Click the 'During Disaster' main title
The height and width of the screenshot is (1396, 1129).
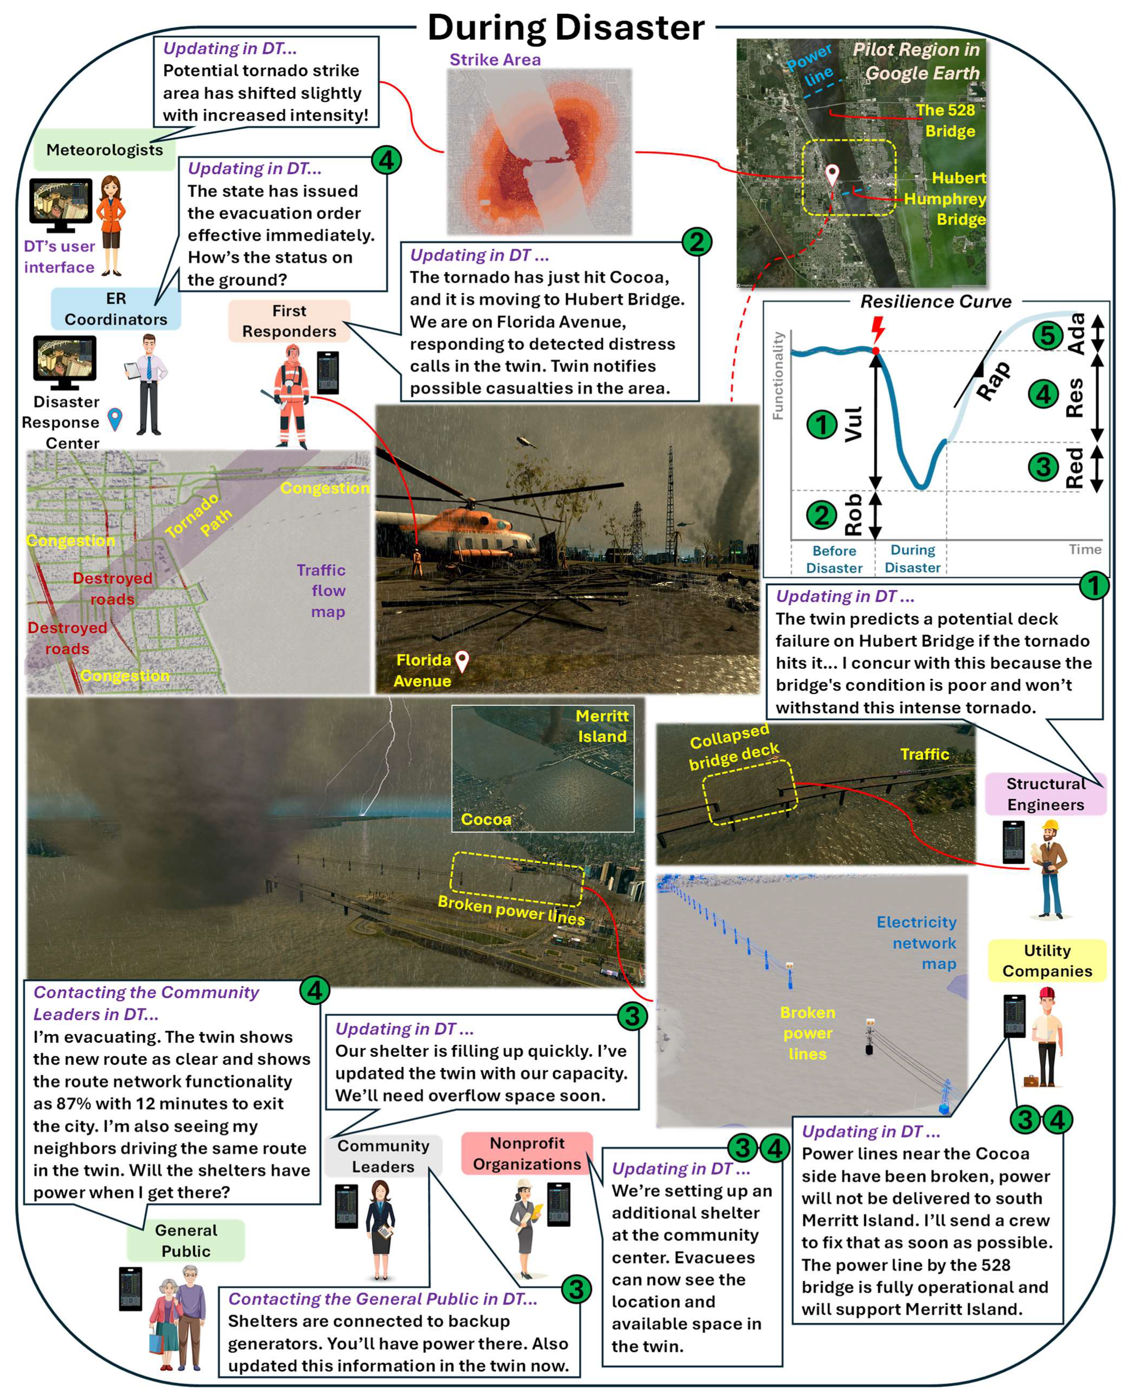[x=566, y=28]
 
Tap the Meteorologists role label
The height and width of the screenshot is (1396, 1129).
[x=104, y=150]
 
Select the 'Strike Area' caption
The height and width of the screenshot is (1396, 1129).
[x=495, y=60]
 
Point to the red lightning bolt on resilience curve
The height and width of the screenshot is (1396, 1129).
[x=878, y=328]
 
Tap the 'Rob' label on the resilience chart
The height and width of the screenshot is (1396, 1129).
[x=853, y=514]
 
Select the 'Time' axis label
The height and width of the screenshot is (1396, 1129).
[x=1085, y=549]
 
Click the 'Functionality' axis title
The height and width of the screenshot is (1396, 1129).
[x=778, y=376]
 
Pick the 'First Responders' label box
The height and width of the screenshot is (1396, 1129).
[x=290, y=321]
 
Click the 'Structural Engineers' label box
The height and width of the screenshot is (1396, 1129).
[x=1045, y=794]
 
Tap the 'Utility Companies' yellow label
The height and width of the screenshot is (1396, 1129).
[x=1047, y=961]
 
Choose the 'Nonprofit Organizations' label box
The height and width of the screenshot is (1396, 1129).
[x=527, y=1153]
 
